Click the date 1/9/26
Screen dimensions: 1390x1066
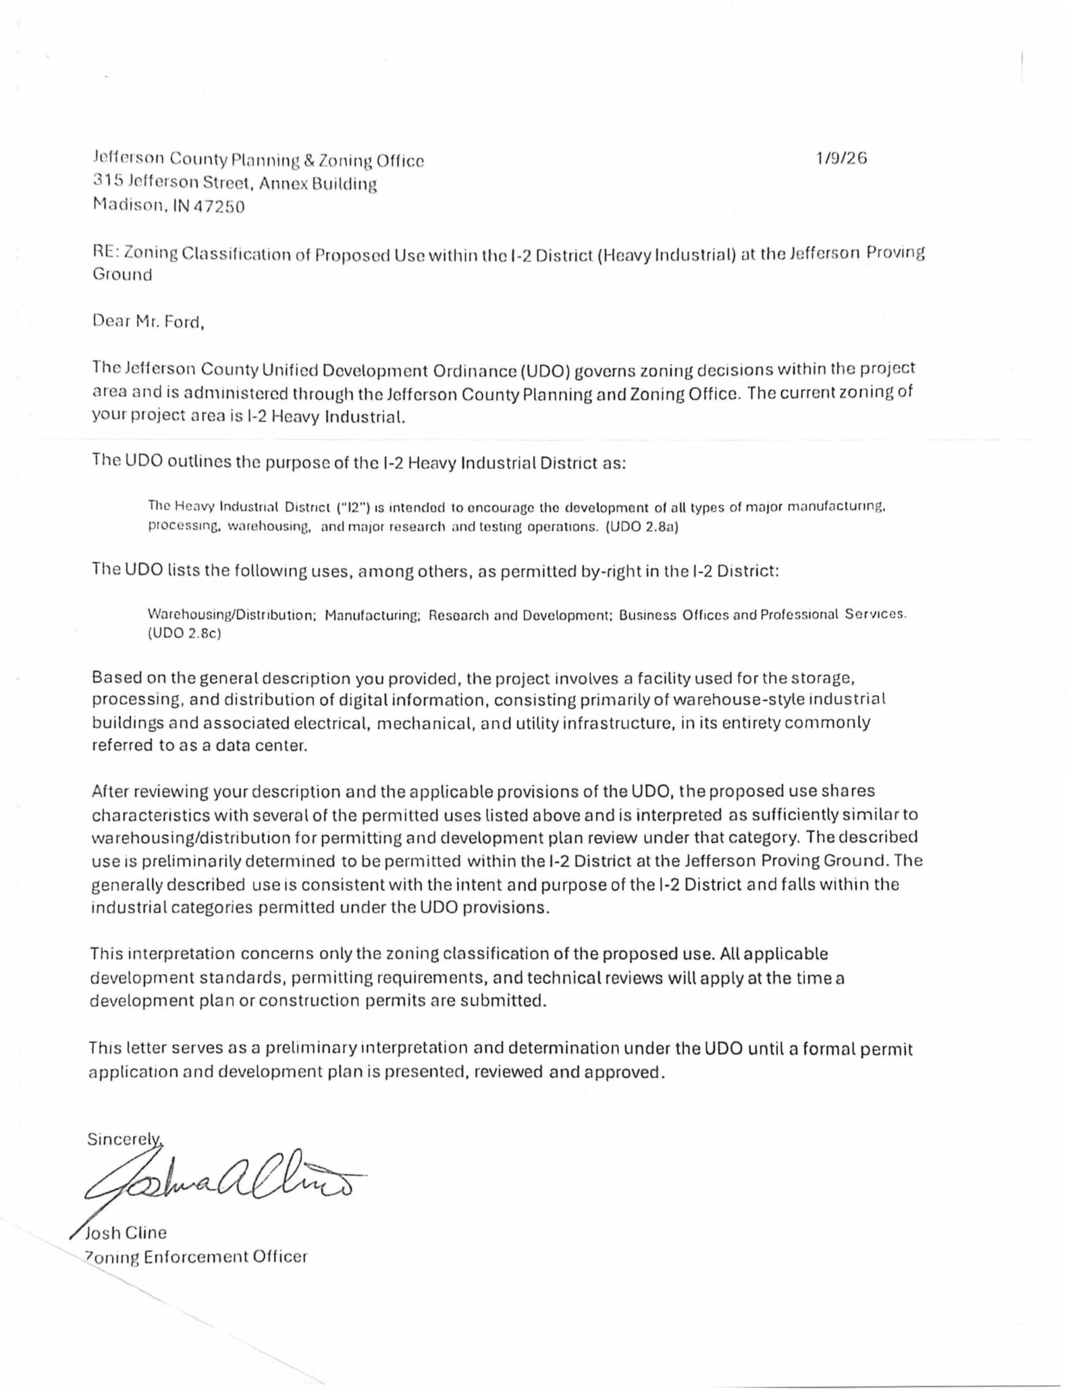click(841, 159)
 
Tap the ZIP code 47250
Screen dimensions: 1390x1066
click(224, 207)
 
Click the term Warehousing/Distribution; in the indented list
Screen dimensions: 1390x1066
click(232, 615)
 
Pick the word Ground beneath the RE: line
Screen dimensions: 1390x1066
click(123, 276)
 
